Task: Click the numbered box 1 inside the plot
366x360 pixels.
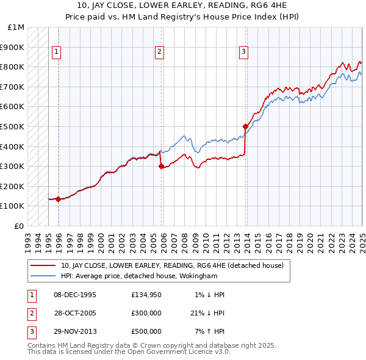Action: [x=56, y=52]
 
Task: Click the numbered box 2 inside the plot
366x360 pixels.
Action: [x=159, y=52]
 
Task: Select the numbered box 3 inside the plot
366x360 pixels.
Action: [x=243, y=52]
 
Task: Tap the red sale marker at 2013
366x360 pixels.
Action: [x=245, y=126]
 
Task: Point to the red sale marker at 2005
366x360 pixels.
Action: [x=161, y=166]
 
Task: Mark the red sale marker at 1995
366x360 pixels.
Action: [x=58, y=199]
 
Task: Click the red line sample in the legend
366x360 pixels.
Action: [x=43, y=265]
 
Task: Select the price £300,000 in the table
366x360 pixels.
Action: [x=146, y=313]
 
